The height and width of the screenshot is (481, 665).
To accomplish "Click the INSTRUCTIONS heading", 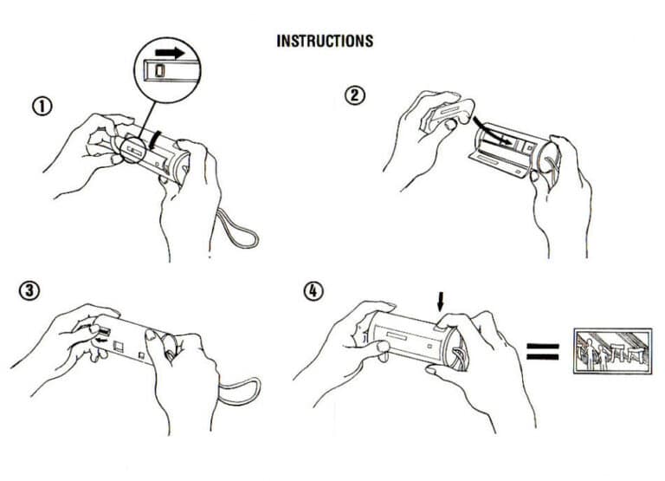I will pyautogui.click(x=325, y=41).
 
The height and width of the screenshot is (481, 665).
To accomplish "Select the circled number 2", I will pyautogui.click(x=354, y=96).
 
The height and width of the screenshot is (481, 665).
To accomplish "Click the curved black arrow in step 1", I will pyautogui.click(x=152, y=138).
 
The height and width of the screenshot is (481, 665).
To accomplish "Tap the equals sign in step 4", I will pyautogui.click(x=542, y=351).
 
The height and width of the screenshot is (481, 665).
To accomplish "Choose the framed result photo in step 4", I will pyautogui.click(x=611, y=351).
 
